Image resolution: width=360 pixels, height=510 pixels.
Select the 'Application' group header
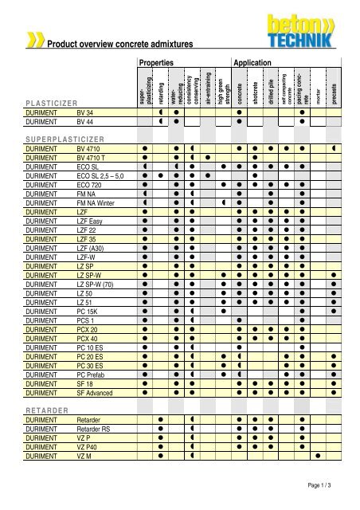pyautogui.click(x=252, y=61)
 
